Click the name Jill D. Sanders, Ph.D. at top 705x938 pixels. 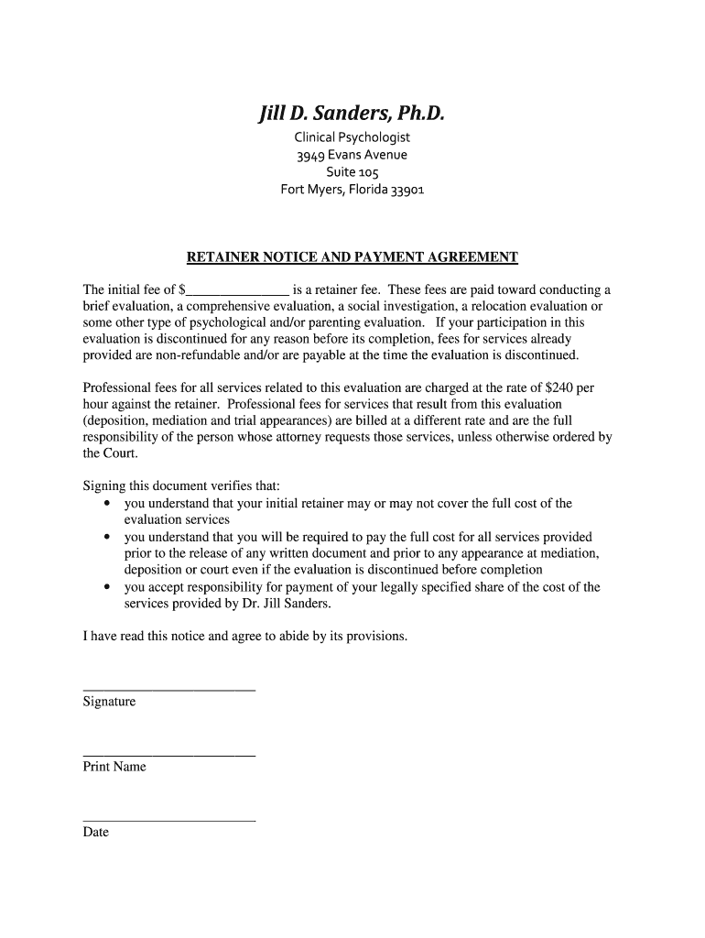coord(352,115)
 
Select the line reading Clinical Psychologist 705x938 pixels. coord(352,137)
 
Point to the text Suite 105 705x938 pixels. coord(352,172)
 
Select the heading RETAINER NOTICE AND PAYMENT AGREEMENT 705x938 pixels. coord(352,257)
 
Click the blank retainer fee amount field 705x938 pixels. coord(237,290)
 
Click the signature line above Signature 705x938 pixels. coord(168,689)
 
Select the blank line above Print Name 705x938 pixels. coord(168,754)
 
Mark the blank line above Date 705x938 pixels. coord(168,819)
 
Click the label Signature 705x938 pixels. coord(109,702)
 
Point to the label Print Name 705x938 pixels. coord(114,767)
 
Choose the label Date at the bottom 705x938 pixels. coord(95,833)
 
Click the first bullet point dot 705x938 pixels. coord(107,503)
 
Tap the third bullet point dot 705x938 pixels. coord(107,587)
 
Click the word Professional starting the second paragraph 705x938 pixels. coord(115,387)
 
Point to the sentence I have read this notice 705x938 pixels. coord(244,636)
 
